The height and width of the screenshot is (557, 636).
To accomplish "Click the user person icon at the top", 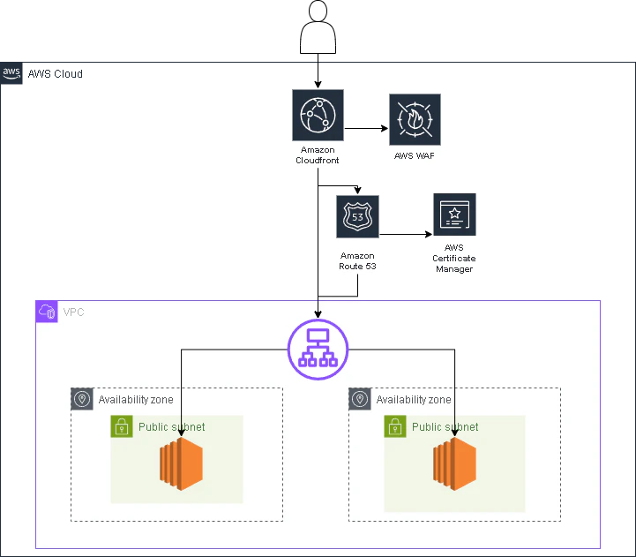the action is (x=318, y=26).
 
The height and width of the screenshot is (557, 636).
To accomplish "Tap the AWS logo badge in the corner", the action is (x=11, y=73).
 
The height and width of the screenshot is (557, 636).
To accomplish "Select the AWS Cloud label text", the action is (x=56, y=74).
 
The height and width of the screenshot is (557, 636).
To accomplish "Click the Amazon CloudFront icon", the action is (x=318, y=116).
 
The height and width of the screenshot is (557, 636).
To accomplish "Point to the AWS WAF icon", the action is (x=415, y=120).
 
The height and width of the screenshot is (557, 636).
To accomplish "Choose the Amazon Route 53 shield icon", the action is (x=358, y=217).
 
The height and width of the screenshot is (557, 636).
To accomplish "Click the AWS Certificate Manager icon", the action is (x=454, y=215).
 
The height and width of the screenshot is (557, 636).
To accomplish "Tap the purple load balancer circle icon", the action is (x=318, y=350).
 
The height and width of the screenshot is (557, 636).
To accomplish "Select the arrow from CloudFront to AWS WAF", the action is (x=366, y=128).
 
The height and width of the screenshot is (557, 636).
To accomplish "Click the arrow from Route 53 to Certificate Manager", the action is (x=406, y=234).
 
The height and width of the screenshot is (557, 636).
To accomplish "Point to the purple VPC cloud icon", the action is (x=47, y=312).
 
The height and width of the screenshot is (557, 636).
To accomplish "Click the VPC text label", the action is (x=73, y=312).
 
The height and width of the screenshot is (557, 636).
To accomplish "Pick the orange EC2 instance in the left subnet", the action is (x=182, y=463).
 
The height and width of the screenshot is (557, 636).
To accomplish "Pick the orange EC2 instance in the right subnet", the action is (x=454, y=463).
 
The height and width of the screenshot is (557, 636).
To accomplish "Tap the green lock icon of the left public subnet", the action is (x=122, y=426).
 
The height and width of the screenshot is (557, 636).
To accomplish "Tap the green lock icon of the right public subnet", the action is (x=395, y=426).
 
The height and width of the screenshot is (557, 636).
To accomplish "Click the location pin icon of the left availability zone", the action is (x=82, y=399).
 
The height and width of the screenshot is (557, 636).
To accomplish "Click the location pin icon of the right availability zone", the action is (x=360, y=399).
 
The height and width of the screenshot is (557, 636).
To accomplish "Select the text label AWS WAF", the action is (x=414, y=156).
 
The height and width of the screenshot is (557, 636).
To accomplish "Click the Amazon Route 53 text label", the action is (x=358, y=261).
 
